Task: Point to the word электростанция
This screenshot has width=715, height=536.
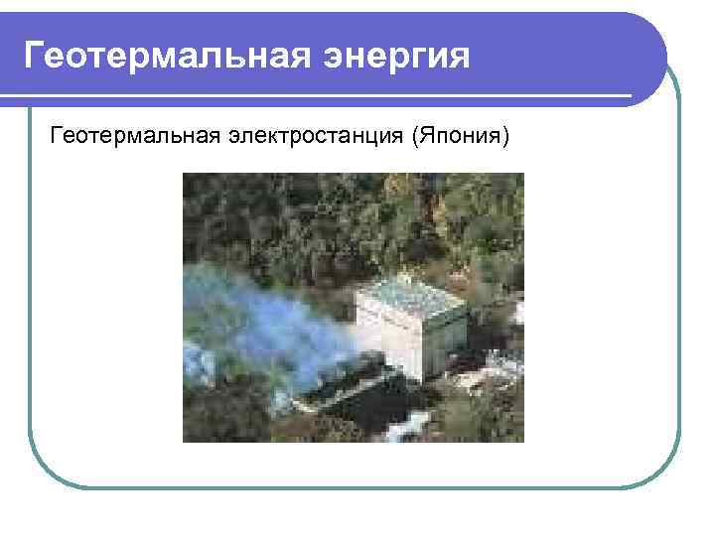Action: click(313, 135)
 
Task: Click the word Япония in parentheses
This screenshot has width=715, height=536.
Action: click(459, 135)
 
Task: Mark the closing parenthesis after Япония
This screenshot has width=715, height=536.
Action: click(504, 135)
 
